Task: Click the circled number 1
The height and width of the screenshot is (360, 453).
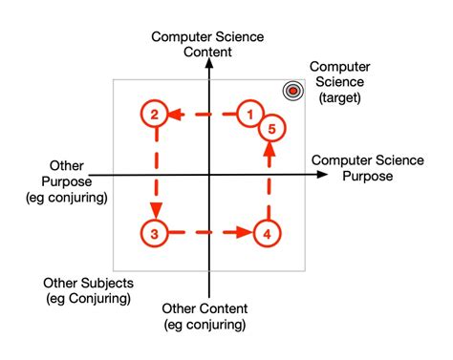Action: pyautogui.click(x=250, y=115)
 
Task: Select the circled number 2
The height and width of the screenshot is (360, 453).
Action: pyautogui.click(x=153, y=115)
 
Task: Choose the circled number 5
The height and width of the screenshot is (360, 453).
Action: pyautogui.click(x=271, y=129)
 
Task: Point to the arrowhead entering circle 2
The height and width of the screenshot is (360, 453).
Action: pyautogui.click(x=175, y=115)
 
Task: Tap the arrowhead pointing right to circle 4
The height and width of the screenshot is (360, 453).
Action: pyautogui.click(x=245, y=232)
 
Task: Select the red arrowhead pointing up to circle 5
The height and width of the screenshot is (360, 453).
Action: pyautogui.click(x=269, y=151)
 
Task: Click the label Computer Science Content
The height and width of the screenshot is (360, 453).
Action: pyautogui.click(x=207, y=44)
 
